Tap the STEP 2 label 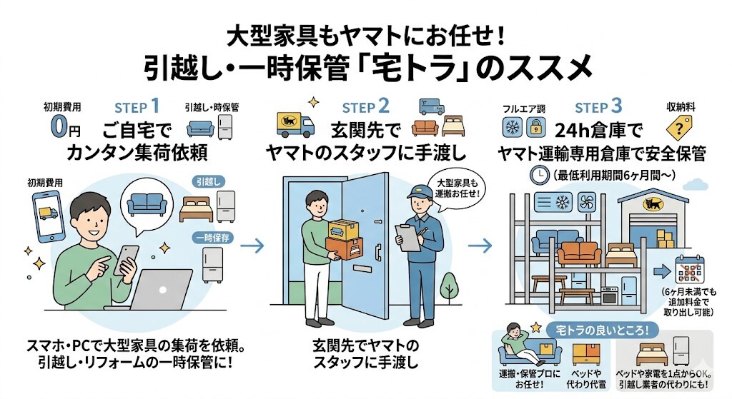[365, 107]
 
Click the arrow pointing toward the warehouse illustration [483, 246]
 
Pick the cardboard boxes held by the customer [343, 240]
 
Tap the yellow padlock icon [534, 128]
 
